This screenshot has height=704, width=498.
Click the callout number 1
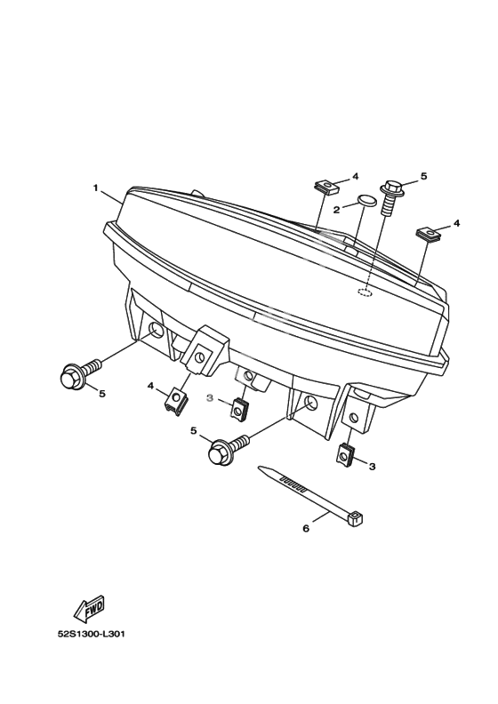click(95, 188)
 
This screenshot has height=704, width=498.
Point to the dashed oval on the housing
click(365, 292)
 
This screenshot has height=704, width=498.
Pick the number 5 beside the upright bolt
click(423, 177)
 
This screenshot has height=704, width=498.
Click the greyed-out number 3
click(209, 398)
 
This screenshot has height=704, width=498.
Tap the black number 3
click(372, 467)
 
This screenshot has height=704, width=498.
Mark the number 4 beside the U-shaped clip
click(151, 386)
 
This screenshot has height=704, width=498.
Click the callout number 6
click(306, 529)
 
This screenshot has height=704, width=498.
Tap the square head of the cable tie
click(355, 518)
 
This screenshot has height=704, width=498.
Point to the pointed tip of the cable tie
click(259, 468)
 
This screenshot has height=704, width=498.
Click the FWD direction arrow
click(90, 609)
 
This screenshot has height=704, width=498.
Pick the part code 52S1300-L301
click(91, 635)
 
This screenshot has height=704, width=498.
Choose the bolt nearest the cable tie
click(229, 447)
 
